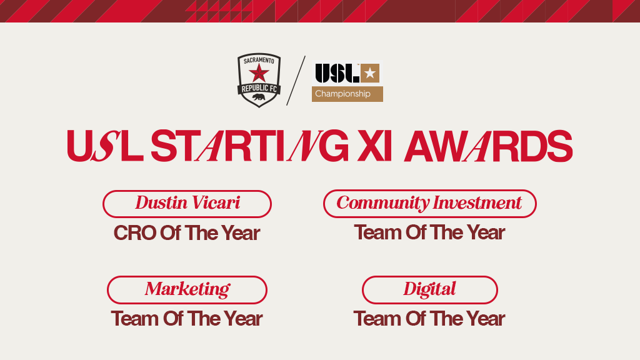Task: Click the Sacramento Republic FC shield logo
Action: point(259,80)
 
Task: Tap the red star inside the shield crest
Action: point(259,74)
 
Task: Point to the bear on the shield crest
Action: point(259,97)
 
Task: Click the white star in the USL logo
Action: point(370,73)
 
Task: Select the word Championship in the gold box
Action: point(342,94)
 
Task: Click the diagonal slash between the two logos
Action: point(296,81)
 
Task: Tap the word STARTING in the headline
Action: point(250,146)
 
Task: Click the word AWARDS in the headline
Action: point(488,146)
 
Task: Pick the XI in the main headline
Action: point(374,146)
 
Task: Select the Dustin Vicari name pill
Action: point(187,204)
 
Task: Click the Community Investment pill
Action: point(430,203)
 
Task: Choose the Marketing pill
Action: point(187,290)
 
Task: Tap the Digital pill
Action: point(430,290)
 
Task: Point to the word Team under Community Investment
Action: point(377,232)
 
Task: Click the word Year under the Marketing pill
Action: point(243,319)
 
